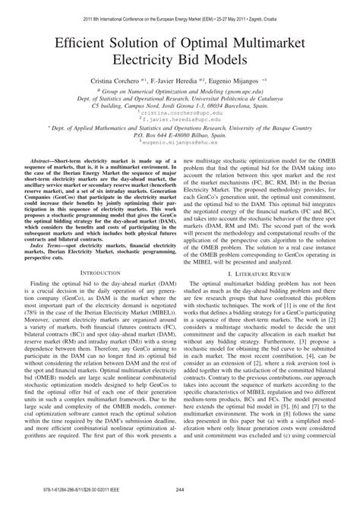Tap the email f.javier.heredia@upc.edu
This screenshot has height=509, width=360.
point(180,119)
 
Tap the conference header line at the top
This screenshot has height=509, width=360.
point(180,7)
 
